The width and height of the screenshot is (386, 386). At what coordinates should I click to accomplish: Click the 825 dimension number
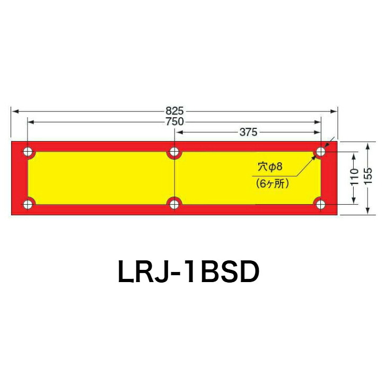[174, 111]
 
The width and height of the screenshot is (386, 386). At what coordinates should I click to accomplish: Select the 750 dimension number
[174, 121]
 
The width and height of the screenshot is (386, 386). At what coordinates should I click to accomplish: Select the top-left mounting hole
[28, 153]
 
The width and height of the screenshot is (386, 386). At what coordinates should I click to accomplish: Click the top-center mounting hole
[174, 153]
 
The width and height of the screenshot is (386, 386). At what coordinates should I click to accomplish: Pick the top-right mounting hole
[320, 153]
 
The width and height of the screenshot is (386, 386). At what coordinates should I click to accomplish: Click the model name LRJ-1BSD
[189, 273]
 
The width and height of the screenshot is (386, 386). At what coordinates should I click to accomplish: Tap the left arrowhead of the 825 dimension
[14, 111]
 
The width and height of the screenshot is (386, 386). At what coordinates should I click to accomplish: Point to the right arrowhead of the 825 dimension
[335, 111]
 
